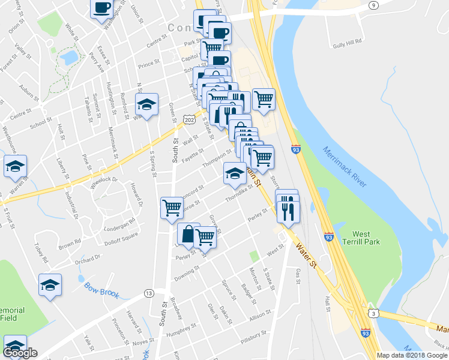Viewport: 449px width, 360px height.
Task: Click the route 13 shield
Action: pyautogui.click(x=148, y=293)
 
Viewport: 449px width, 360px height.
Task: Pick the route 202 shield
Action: pyautogui.click(x=191, y=121)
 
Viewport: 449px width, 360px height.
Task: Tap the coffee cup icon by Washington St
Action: pyautogui.click(x=101, y=8)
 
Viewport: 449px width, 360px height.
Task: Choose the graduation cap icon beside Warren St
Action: pyautogui.click(x=16, y=167)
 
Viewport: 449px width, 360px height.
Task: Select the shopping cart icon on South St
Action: pyautogui.click(x=172, y=208)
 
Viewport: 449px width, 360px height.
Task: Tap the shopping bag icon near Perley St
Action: pyautogui.click(x=188, y=235)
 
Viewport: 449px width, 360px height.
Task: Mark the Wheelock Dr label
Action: pyautogui.click(x=105, y=179)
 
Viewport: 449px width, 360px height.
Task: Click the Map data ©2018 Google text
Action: pyautogui.click(x=412, y=355)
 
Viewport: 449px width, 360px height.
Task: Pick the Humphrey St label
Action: pyautogui.click(x=182, y=329)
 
